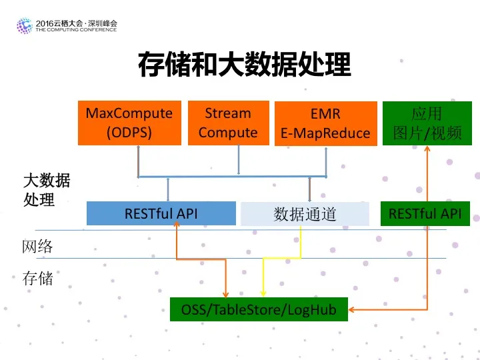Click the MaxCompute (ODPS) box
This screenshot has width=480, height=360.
pos(129,123)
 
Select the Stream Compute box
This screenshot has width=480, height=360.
pos(229,123)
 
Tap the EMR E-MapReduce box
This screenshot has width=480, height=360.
pos(326,123)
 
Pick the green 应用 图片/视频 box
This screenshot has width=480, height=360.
pos(427,123)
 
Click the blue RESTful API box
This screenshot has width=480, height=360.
pos(161,213)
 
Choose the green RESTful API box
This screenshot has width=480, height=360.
pos(425,214)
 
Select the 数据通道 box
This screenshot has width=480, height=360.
pos(305,214)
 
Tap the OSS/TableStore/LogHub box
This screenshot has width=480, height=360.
pos(259,309)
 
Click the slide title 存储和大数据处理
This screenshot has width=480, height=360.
pos(244,65)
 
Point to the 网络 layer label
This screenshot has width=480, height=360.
pos(37,247)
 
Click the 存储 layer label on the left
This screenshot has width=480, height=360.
pos(37,278)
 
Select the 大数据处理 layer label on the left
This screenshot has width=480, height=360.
pos(47,190)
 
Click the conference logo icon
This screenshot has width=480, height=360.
pos(25,26)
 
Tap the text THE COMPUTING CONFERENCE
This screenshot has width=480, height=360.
pos(76,30)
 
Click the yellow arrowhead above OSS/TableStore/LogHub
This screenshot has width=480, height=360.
pos(263,293)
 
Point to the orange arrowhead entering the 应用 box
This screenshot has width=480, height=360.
pos(427,149)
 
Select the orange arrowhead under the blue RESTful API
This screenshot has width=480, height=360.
pos(177,224)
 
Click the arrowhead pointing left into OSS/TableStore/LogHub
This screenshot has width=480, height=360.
pos(352,309)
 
